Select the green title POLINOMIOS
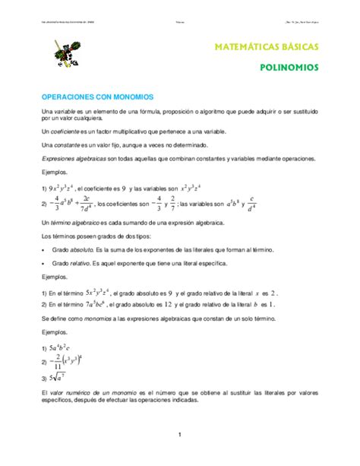coord(289,67)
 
